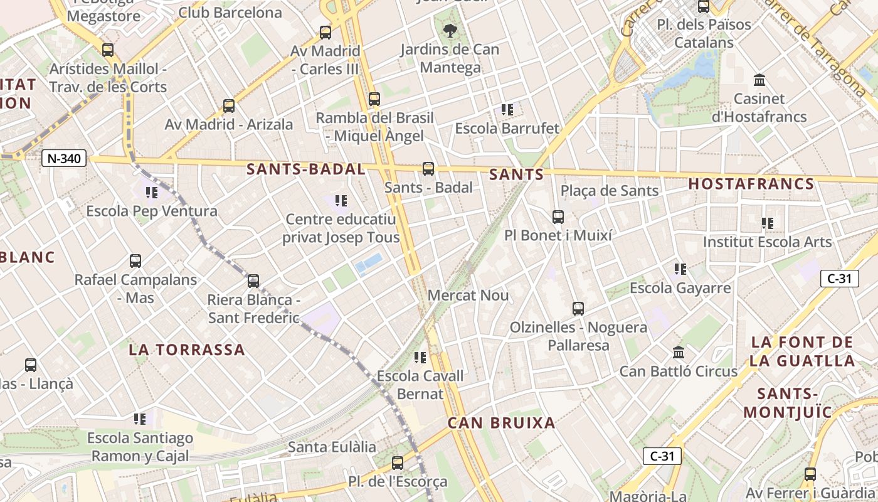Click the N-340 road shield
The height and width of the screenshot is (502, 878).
tap(64, 158)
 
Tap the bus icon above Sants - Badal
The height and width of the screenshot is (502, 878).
tap(428, 168)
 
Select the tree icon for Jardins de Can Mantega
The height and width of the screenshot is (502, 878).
tap(450, 29)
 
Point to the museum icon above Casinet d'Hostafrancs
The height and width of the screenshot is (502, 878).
tap(759, 80)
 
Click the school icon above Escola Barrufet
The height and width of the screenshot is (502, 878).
tap(507, 110)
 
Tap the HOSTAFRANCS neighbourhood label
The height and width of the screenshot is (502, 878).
tap(751, 184)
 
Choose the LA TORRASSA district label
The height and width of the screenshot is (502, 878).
tap(187, 350)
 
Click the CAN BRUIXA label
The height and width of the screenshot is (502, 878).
tap(502, 423)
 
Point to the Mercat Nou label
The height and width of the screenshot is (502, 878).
tap(468, 295)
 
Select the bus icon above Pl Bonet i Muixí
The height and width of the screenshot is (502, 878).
tap(558, 217)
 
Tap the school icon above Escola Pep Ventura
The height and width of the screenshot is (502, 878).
tap(151, 192)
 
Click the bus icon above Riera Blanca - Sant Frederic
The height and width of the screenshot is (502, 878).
tap(253, 280)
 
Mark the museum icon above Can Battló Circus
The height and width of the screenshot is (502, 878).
tap(678, 352)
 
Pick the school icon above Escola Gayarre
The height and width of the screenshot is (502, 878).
tap(680, 269)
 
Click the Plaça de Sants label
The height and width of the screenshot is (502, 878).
tap(610, 191)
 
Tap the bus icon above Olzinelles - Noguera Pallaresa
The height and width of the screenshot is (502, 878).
tap(578, 308)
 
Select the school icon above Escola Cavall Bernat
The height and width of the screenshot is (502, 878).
tap(420, 358)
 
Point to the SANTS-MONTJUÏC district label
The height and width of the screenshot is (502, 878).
tap(788, 403)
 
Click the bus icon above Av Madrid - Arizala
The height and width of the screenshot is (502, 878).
tap(229, 105)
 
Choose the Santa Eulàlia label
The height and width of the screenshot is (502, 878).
tap(332, 447)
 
